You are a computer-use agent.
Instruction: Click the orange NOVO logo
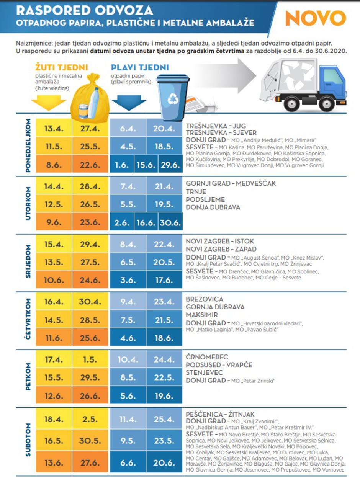pos(316,18)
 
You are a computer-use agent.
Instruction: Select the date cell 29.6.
pos(170,165)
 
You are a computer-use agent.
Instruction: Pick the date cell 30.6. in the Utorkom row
pos(170,222)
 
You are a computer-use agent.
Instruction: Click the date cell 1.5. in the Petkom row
pos(90,360)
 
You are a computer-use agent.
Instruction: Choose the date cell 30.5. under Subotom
pos(90,441)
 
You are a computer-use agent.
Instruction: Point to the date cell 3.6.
pos(128,280)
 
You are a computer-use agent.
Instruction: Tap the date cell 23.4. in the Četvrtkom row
pos(164,301)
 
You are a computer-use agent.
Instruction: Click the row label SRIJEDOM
pos(28,263)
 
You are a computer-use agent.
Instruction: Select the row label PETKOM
pos(28,378)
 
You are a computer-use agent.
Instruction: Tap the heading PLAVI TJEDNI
pos(140,68)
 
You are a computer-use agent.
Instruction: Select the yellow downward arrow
pos(49,102)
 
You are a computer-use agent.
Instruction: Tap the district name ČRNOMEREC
pos(207,357)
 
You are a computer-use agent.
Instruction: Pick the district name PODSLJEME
pos(205,199)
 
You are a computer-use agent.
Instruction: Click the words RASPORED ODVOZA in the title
pos(84,10)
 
